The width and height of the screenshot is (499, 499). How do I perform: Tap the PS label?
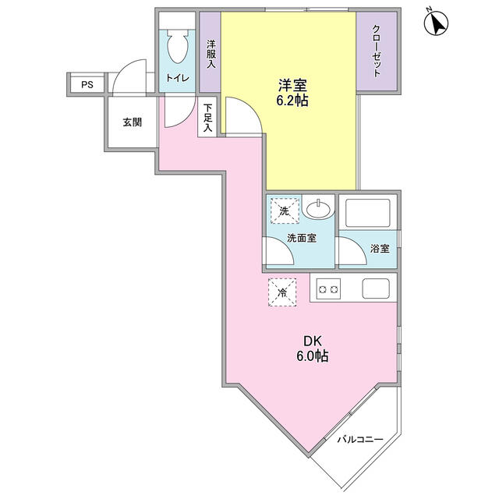point(86,83)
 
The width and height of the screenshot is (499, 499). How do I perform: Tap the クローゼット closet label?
point(376,51)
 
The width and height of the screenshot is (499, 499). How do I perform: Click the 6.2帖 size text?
point(288,101)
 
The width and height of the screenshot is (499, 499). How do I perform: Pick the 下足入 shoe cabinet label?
point(207,119)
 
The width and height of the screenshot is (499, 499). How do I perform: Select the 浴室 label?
point(380,249)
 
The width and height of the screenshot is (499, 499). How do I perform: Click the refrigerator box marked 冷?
point(283,292)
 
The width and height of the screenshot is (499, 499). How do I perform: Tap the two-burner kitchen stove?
point(327,290)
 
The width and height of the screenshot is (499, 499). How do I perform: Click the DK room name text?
point(312,341)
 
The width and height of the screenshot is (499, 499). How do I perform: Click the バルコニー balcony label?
point(360,441)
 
